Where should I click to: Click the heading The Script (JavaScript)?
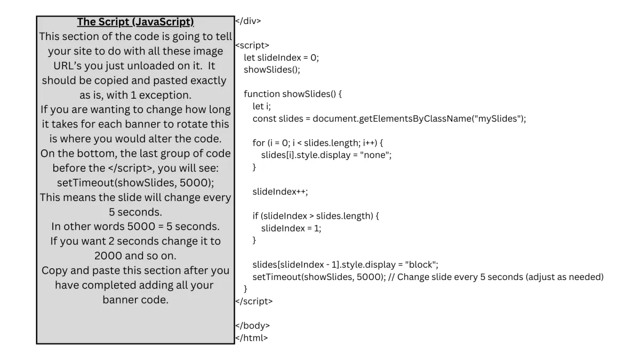pos(135,22)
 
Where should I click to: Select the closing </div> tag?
pos(248,21)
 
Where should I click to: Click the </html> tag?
pos(251,337)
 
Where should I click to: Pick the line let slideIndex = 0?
pos(281,58)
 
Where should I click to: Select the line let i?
pos(258,106)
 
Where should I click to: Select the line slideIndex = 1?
pos(291,228)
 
